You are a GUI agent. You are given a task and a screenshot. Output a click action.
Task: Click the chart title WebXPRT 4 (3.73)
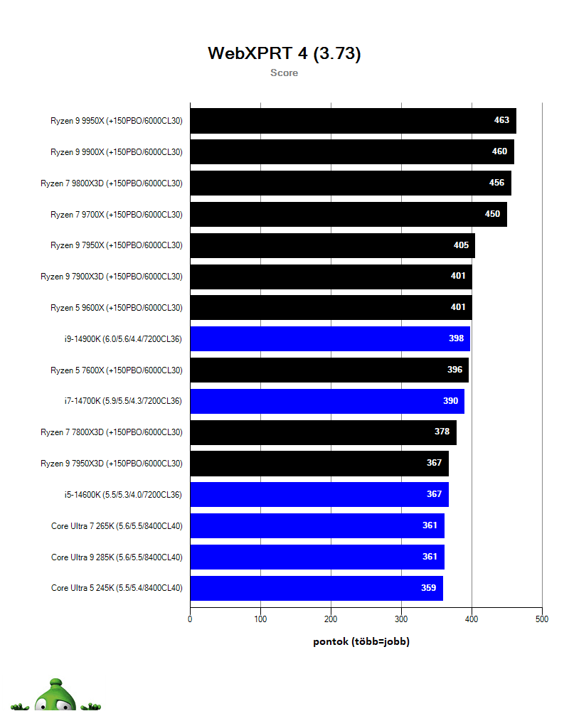[284, 53]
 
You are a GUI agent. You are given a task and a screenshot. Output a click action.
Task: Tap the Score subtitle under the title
[284, 73]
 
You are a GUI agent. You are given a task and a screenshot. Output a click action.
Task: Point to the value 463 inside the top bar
[501, 120]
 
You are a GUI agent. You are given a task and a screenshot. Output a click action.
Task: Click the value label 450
[492, 214]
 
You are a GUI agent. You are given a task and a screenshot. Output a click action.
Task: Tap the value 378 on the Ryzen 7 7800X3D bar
[442, 432]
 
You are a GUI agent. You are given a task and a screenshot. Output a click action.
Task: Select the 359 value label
[428, 588]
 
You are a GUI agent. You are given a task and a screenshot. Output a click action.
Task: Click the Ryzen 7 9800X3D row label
[112, 183]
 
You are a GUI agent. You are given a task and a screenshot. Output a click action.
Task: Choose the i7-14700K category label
[123, 401]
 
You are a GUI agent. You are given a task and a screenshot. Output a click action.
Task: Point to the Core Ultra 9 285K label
[117, 557]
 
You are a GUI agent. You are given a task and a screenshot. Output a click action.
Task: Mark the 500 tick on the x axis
[542, 619]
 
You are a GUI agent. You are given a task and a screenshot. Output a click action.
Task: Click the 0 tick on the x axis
[190, 619]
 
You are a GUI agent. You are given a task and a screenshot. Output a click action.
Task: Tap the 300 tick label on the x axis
[401, 619]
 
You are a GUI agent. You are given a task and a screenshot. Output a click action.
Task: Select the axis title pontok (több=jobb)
[361, 641]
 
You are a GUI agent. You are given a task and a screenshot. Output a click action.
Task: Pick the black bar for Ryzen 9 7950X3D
[319, 464]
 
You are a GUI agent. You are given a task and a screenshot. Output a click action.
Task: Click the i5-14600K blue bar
[319, 494]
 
